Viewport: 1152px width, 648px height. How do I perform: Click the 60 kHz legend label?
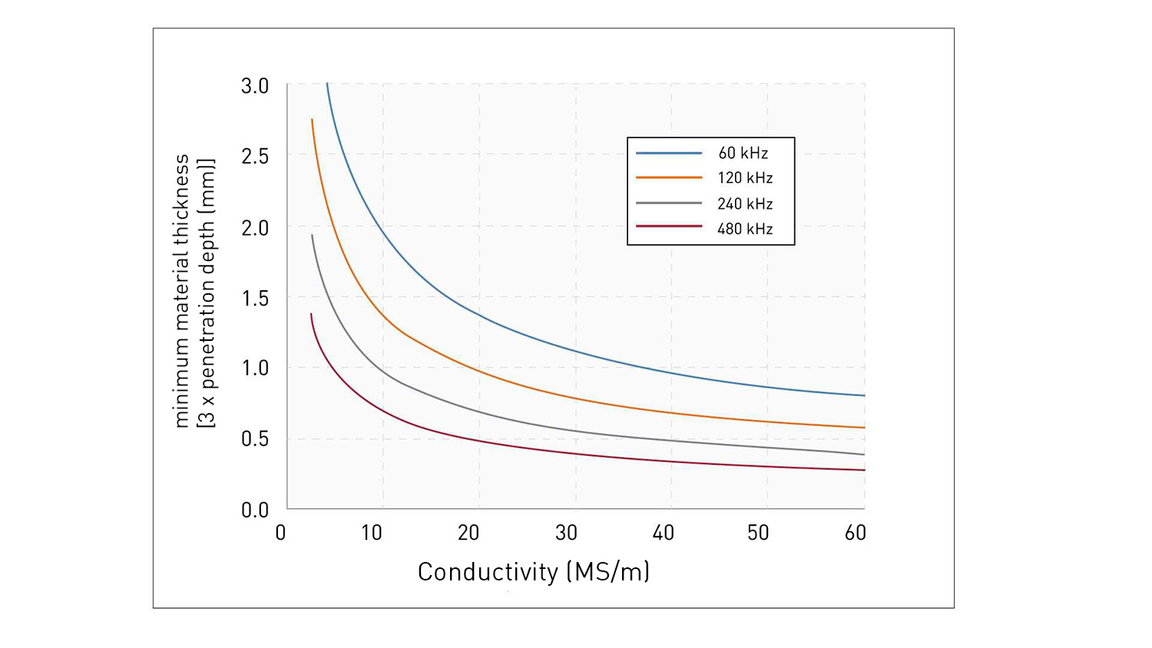coord(743,154)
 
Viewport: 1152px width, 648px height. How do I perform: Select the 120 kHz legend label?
coord(745,178)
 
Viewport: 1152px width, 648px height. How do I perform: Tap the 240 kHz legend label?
coord(745,204)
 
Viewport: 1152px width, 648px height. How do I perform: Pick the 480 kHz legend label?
coord(745,229)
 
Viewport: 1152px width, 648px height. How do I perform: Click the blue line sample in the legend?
coord(669,154)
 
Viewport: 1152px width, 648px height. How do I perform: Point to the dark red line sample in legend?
coord(669,226)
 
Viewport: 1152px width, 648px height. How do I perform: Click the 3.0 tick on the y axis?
coord(255,86)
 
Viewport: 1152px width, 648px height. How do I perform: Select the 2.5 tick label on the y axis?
coord(255,157)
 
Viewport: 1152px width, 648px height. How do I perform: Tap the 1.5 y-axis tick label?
coord(255,299)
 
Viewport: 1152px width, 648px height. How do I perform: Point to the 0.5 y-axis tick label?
coord(255,439)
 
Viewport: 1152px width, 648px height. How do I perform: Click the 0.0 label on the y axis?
coord(255,511)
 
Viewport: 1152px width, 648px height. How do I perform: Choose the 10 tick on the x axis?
coord(372,533)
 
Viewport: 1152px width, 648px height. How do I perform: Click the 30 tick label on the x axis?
coord(566,533)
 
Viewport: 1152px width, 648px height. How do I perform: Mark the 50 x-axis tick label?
coord(758,533)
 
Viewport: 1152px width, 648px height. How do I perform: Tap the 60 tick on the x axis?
coord(855,533)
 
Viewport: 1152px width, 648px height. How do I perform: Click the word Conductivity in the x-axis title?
coord(488,572)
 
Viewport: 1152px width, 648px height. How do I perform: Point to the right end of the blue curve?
coord(864,395)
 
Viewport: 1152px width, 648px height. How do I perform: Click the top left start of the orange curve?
coord(312,120)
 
